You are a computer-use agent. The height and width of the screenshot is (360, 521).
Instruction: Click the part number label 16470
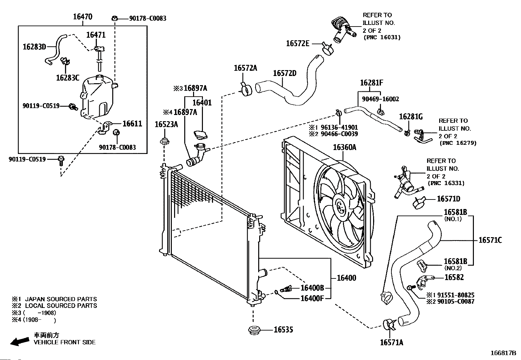click(x=82, y=17)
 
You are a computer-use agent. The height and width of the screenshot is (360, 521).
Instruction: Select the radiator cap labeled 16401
click(x=201, y=135)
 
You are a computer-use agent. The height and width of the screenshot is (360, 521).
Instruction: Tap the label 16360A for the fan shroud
click(x=345, y=147)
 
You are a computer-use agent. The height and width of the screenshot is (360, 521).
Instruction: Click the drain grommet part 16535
click(x=253, y=330)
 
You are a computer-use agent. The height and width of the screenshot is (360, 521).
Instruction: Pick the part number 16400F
click(x=312, y=298)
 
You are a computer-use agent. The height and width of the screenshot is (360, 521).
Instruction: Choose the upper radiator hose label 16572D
click(x=284, y=73)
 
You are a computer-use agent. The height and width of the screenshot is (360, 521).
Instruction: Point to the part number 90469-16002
click(x=380, y=99)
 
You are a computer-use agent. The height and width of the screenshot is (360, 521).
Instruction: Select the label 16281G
click(x=411, y=117)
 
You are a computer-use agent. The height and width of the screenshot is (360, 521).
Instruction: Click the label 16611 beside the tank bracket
click(x=132, y=123)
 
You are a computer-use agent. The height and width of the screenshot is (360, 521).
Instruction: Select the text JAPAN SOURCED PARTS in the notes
click(x=61, y=299)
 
